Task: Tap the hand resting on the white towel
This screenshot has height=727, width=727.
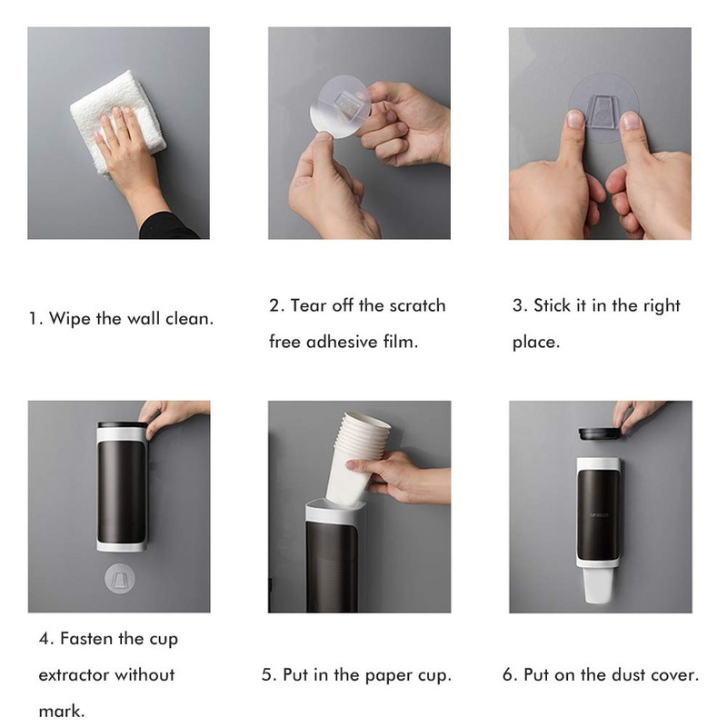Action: [127, 150]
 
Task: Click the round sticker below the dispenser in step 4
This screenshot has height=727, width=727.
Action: [119, 578]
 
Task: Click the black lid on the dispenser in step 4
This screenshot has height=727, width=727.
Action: [121, 425]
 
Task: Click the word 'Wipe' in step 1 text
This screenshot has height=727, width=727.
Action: [69, 319]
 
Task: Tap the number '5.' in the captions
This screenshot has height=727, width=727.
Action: [269, 675]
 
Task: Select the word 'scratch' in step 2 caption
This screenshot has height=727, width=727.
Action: [417, 305]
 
